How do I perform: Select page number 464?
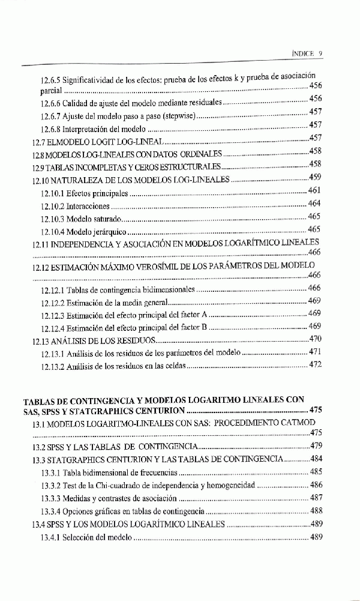tap(315, 204)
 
